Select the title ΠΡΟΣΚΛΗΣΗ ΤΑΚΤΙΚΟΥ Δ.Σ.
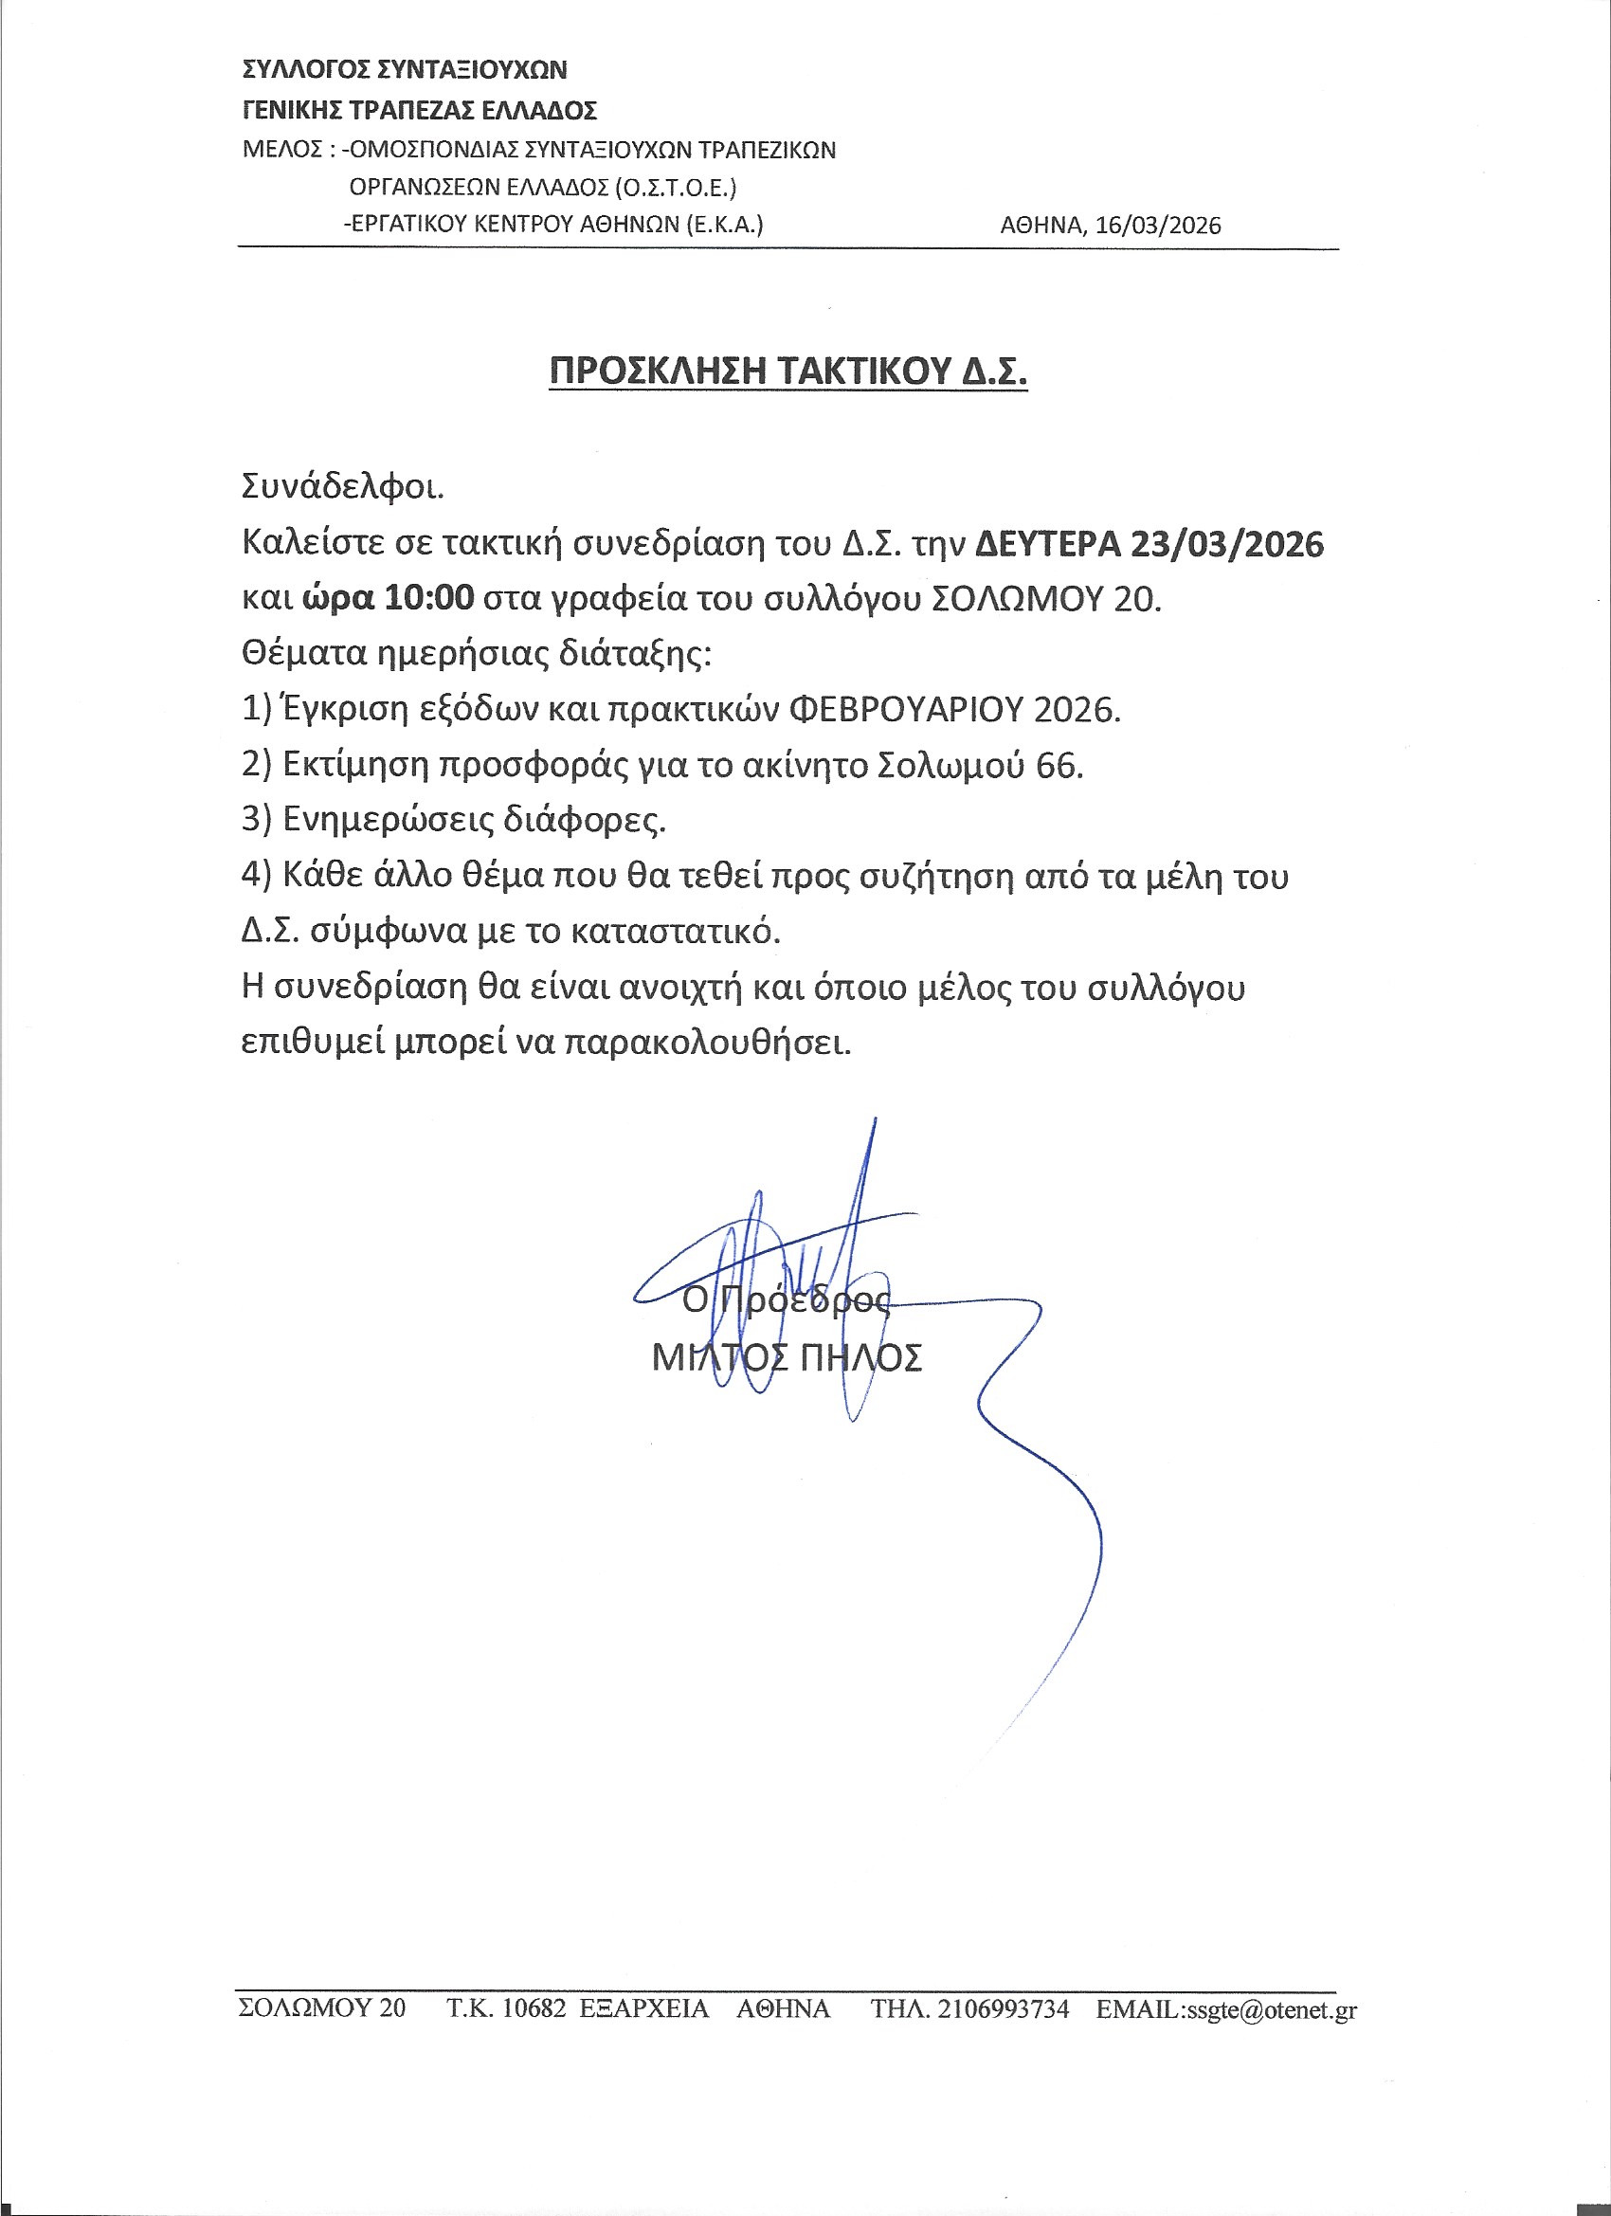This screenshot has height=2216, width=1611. [x=787, y=372]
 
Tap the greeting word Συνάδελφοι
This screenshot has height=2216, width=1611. [x=342, y=485]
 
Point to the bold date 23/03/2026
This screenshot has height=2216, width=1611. [x=1226, y=543]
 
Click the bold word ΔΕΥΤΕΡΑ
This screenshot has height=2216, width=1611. [x=1047, y=543]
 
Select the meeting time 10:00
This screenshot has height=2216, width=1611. [x=429, y=597]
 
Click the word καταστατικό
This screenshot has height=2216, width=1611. [x=675, y=931]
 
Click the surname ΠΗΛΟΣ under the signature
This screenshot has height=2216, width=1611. [x=860, y=1358]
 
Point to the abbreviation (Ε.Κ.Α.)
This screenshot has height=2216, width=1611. [x=724, y=225]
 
